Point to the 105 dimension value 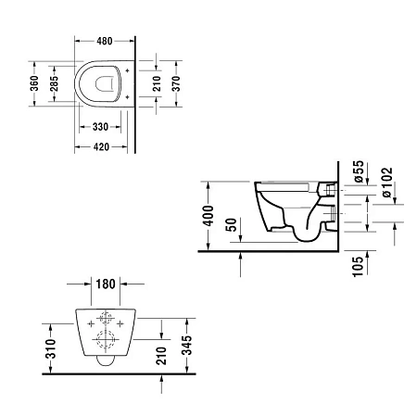(359, 268)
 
